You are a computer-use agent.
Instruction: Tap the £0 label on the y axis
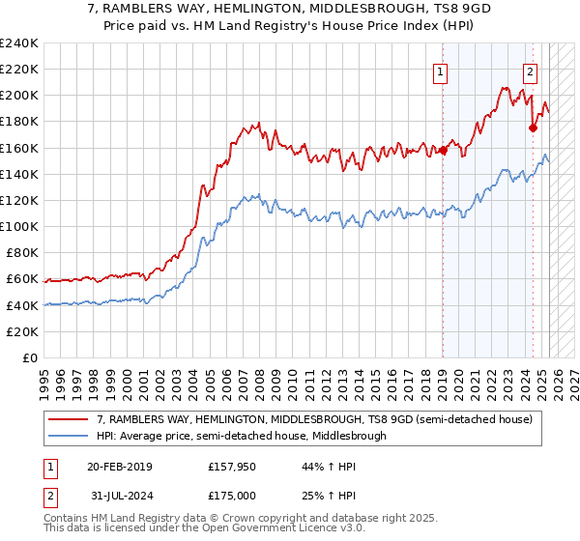[x=30, y=357]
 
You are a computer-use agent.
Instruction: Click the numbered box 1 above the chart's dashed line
[x=441, y=70]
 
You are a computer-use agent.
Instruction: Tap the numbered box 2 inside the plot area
[x=531, y=70]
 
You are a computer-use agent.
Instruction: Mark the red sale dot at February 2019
[x=443, y=150]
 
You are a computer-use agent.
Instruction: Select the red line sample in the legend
[x=70, y=419]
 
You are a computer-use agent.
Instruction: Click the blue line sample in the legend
[x=70, y=436]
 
